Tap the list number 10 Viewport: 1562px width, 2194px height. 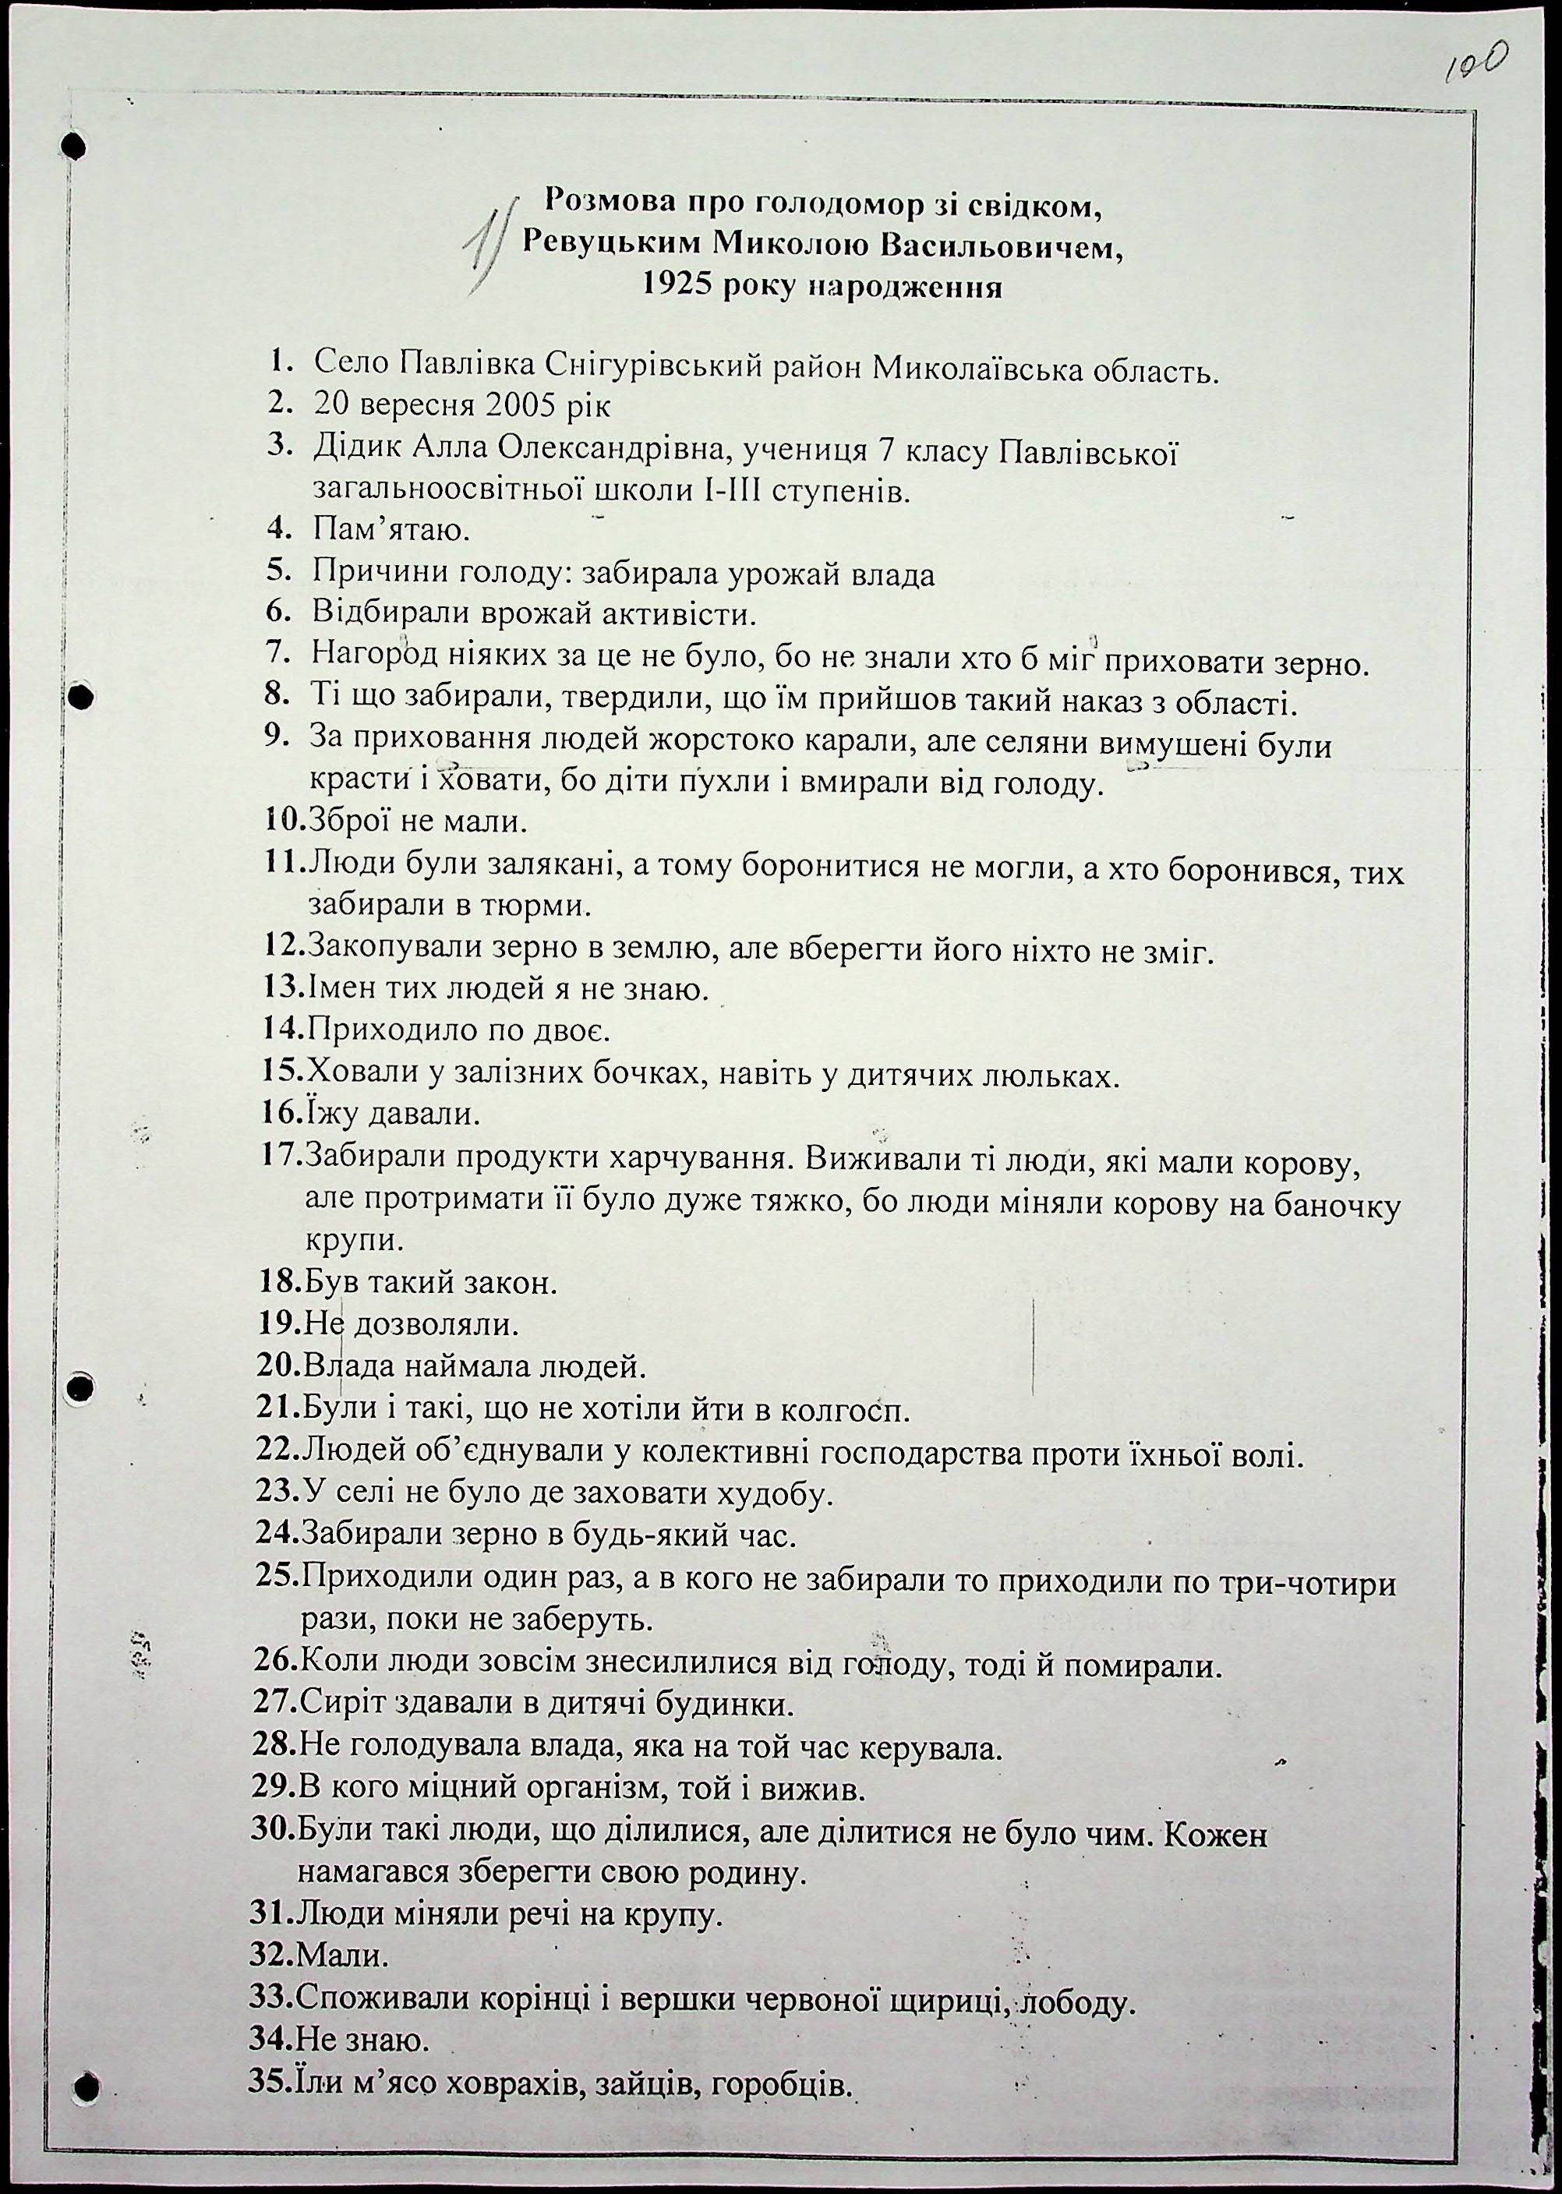point(283,821)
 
